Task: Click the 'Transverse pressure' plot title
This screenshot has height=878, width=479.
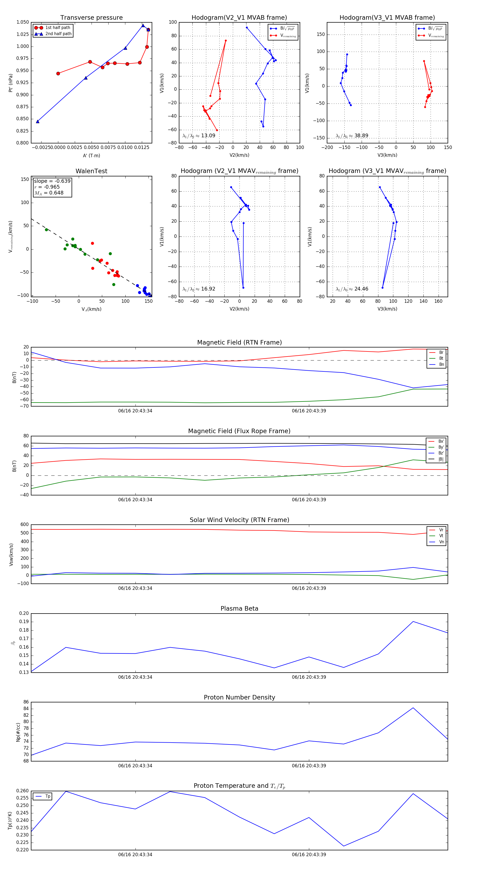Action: (x=91, y=18)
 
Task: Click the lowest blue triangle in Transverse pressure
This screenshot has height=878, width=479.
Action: (x=38, y=121)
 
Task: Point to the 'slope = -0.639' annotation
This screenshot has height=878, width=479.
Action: (x=52, y=181)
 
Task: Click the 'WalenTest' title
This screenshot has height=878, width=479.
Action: (x=91, y=171)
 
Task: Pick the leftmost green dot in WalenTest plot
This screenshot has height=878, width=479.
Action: (x=46, y=230)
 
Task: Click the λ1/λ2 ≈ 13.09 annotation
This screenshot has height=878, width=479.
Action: (x=199, y=136)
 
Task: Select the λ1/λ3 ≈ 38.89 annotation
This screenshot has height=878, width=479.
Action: (x=352, y=136)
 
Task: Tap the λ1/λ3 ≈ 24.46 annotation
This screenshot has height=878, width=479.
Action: (x=352, y=289)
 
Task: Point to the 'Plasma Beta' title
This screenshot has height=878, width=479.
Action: (x=239, y=609)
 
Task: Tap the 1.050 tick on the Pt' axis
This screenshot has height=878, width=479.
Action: (x=23, y=22)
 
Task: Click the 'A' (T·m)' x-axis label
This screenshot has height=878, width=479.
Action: (x=91, y=156)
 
